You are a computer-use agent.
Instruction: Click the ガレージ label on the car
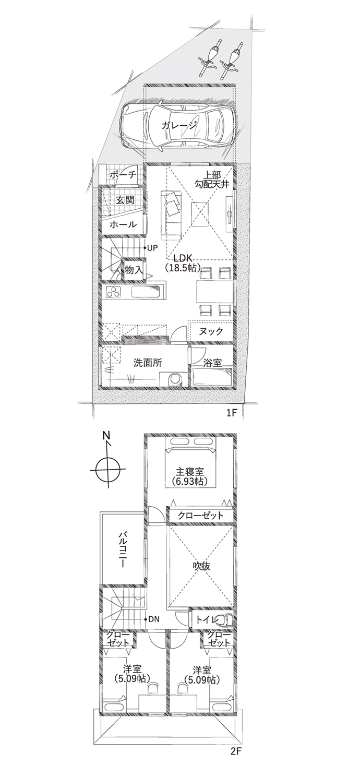179,126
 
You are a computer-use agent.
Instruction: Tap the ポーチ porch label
122,175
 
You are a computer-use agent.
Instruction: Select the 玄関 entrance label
125,200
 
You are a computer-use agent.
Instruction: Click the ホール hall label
123,224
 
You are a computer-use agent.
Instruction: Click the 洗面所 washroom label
148,363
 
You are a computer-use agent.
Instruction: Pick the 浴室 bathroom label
212,363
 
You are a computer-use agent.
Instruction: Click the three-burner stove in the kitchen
113,291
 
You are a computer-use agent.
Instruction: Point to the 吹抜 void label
201,566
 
